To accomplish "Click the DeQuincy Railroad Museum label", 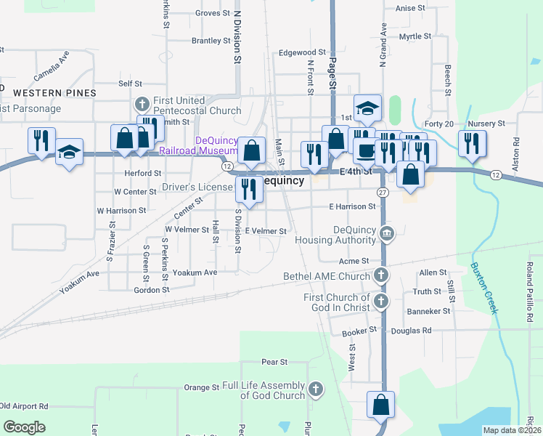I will click(x=195, y=145).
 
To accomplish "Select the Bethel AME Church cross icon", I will click(x=380, y=275).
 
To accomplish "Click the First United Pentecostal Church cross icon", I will click(x=142, y=104).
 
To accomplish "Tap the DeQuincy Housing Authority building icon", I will click(x=386, y=233).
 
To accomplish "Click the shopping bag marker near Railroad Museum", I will click(x=251, y=150).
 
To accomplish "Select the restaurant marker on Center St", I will click(x=249, y=189).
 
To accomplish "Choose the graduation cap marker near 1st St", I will click(x=367, y=108).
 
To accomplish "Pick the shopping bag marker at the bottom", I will click(x=380, y=405).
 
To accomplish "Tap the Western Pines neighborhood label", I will click(x=54, y=93).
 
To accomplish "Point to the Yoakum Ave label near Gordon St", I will click(x=200, y=272).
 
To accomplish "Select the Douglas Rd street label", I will click(x=411, y=330).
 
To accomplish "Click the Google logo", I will click(x=25, y=427).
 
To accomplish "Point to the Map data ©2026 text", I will click(x=512, y=430).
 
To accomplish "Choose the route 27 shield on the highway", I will click(x=383, y=192).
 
